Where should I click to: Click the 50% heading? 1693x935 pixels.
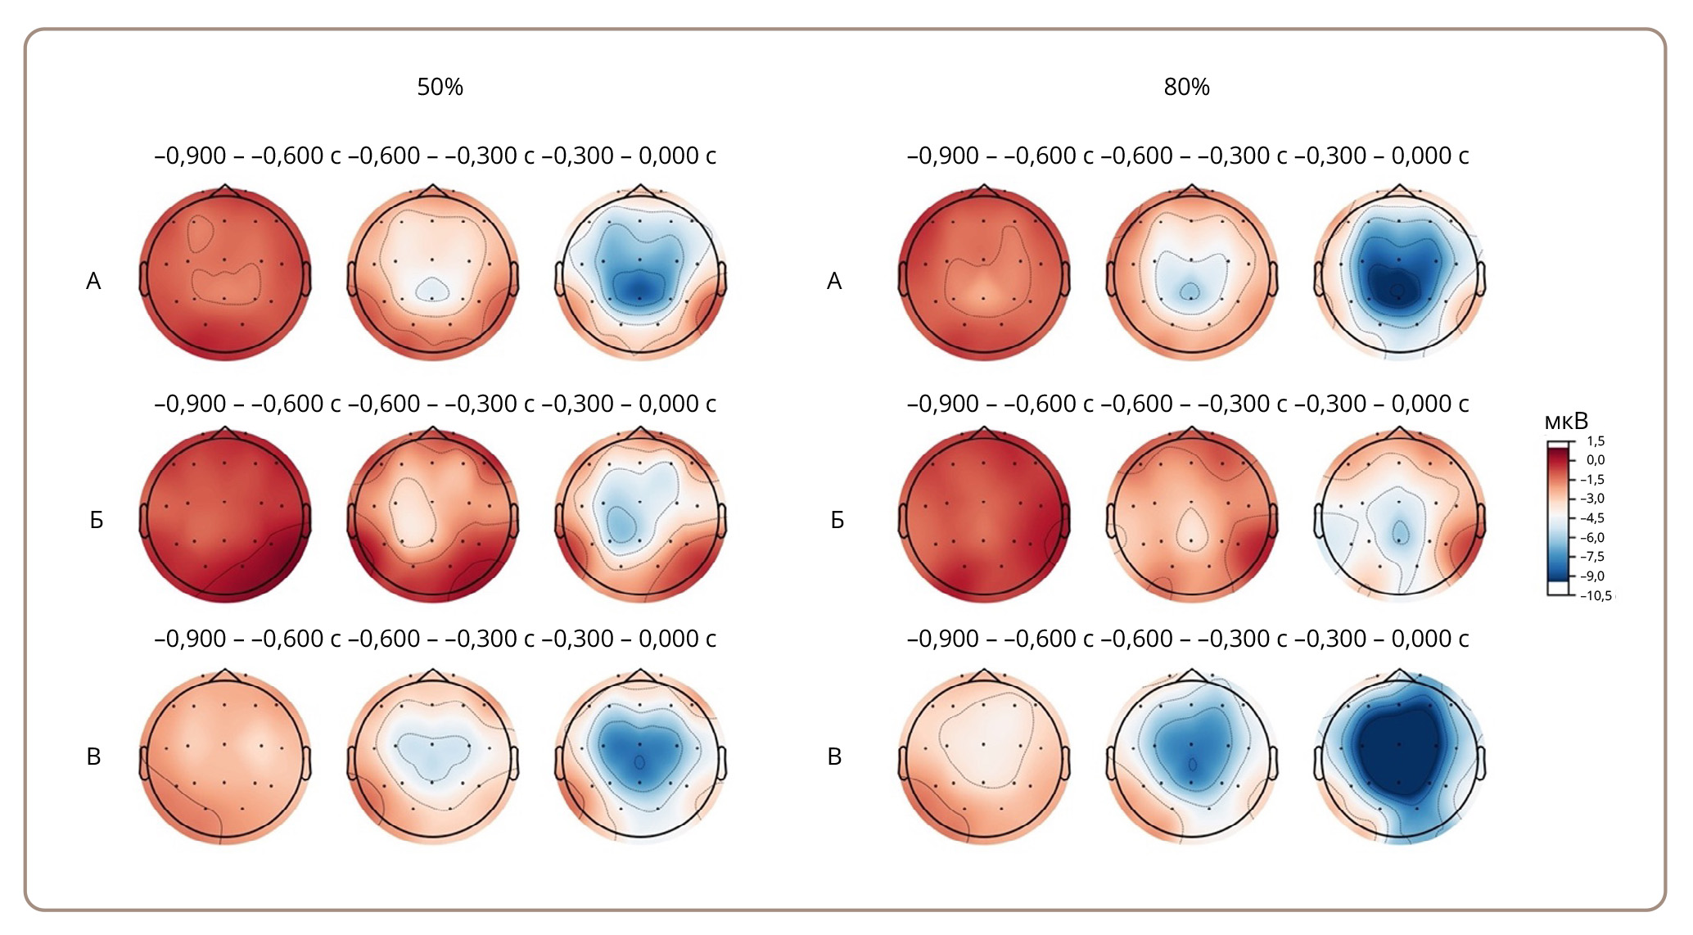[x=440, y=87]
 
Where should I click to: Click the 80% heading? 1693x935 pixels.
[x=1186, y=87]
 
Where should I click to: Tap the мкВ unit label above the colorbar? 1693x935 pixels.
[x=1565, y=422]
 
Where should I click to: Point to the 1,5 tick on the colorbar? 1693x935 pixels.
[x=1595, y=441]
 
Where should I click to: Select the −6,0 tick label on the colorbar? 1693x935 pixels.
[x=1593, y=538]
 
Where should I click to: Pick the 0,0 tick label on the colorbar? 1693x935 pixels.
[x=1595, y=460]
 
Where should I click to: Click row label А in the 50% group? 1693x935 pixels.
[x=93, y=282]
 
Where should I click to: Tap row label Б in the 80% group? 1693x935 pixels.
[x=837, y=521]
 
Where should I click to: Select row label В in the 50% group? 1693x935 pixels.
[x=93, y=757]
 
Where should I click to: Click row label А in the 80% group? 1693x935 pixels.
[x=834, y=282]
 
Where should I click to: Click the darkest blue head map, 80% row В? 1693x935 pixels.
[x=1400, y=757]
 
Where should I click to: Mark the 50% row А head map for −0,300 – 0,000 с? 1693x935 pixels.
[x=641, y=275]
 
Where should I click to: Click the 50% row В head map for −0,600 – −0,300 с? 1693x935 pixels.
[x=433, y=757]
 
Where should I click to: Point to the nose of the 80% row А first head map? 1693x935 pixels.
[x=984, y=190]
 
